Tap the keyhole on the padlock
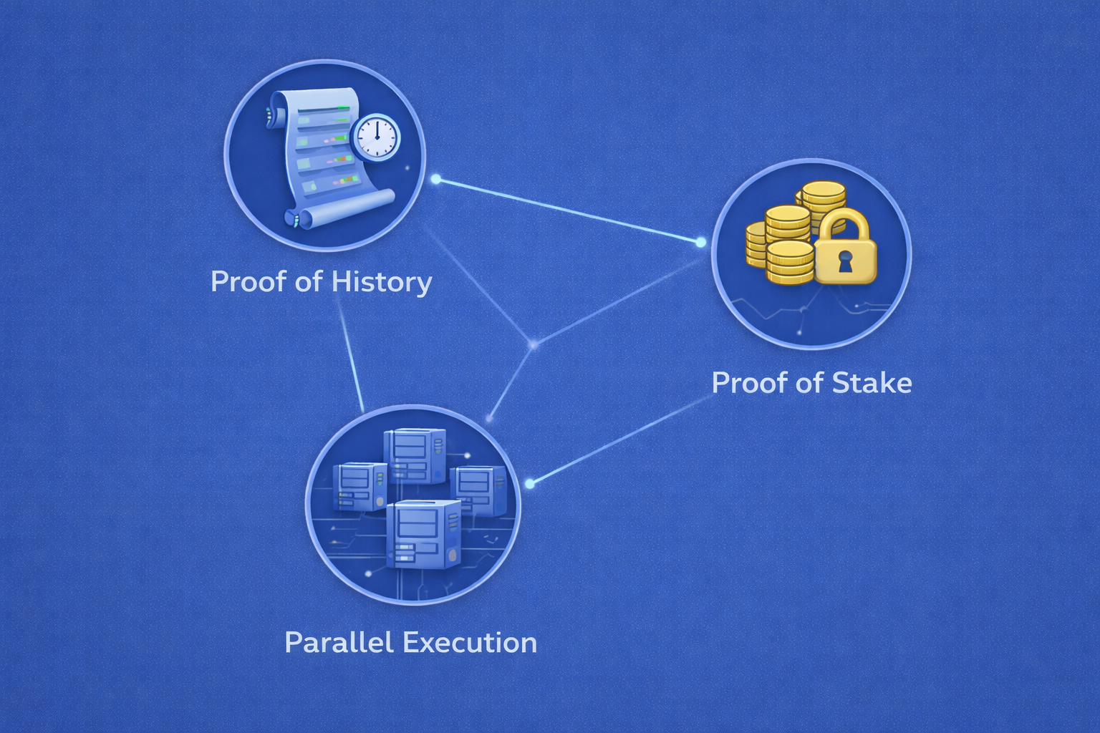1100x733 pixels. [x=846, y=262]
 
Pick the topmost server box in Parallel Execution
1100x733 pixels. [x=415, y=455]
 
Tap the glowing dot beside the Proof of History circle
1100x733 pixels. [x=435, y=179]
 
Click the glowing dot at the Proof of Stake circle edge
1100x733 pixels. [x=700, y=243]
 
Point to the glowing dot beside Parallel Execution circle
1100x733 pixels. [x=529, y=484]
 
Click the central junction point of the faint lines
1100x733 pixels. [x=533, y=345]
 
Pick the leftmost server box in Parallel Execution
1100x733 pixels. [x=360, y=485]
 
